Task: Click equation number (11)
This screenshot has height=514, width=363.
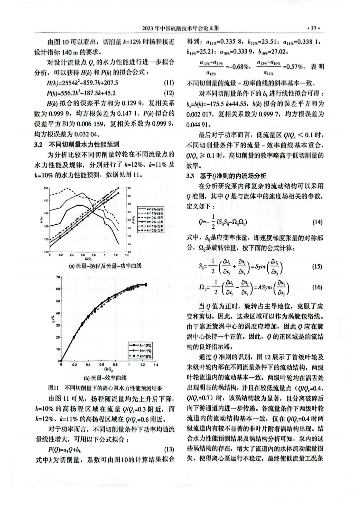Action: coord(169,83)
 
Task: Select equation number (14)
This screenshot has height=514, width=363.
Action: coord(317,222)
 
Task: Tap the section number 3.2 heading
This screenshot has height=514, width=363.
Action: coord(38,144)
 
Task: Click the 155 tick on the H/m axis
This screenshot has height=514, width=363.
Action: coord(46,188)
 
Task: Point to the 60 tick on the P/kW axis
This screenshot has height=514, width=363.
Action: coord(129,188)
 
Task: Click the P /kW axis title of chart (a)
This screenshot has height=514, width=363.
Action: coord(134,220)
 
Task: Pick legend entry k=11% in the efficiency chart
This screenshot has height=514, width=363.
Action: coord(145,351)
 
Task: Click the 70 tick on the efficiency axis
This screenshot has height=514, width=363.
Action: coord(58,277)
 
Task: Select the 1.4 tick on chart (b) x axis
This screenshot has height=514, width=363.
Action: coord(156,365)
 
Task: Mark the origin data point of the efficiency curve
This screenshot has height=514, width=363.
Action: coord(61,361)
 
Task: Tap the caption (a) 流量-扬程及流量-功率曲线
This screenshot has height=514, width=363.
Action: coord(105,266)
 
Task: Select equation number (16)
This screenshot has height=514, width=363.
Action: coord(317,287)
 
